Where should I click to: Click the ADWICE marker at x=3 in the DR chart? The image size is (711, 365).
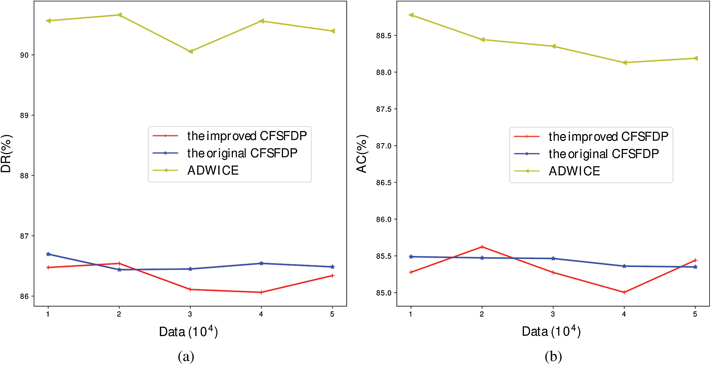[190, 51]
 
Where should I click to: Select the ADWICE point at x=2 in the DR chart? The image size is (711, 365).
[119, 15]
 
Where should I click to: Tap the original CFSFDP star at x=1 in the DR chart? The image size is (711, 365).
[48, 254]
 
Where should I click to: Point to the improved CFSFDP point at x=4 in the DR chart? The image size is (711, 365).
[261, 292]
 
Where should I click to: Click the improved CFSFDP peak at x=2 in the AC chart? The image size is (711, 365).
[482, 247]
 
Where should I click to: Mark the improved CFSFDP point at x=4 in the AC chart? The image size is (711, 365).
[624, 292]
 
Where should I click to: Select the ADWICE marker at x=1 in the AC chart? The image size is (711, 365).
[411, 15]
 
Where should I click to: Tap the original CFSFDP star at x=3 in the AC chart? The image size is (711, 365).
[553, 258]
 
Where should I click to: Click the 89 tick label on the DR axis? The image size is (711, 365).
[24, 115]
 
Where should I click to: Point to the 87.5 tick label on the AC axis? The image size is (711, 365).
[383, 109]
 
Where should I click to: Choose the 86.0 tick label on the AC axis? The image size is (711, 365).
[383, 219]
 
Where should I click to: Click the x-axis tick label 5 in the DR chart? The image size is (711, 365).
[332, 314]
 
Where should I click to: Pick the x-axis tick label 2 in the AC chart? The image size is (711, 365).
[482, 314]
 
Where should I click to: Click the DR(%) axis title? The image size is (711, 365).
[6, 154]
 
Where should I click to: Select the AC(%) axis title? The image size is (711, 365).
[362, 154]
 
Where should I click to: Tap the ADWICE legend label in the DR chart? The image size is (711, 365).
[213, 170]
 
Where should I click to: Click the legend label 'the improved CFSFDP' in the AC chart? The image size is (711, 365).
[608, 137]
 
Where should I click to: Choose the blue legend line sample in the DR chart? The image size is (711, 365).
[165, 153]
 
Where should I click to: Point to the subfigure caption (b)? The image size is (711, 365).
[553, 356]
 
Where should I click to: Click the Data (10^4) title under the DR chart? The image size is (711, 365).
[188, 332]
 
